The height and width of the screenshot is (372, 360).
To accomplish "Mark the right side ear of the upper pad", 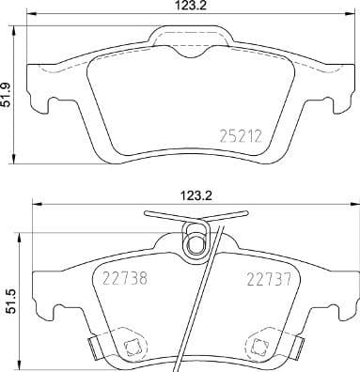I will pos(330,94).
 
